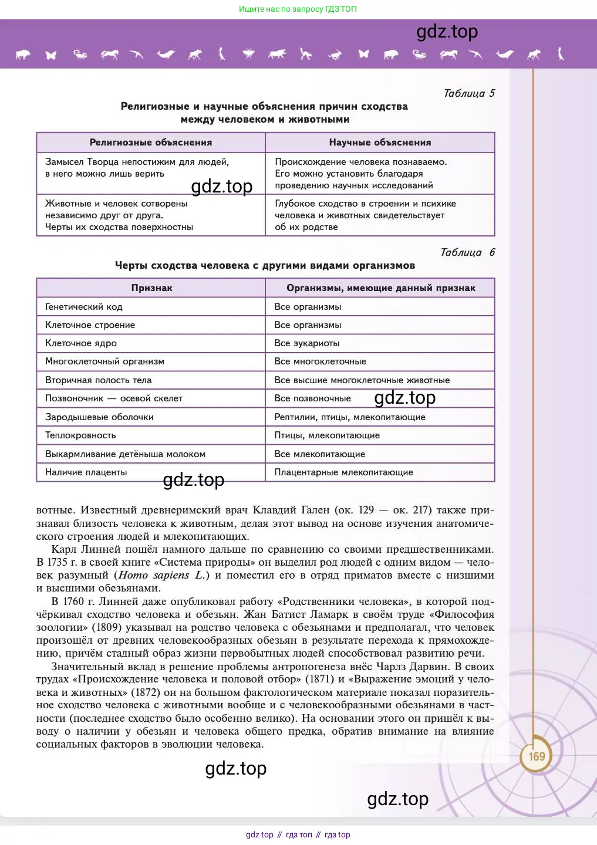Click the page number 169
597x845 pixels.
pyautogui.click(x=537, y=756)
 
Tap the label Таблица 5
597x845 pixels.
pyautogui.click(x=469, y=93)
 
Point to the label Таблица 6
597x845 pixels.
pyautogui.click(x=467, y=252)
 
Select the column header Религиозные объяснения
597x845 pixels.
pyautogui.click(x=151, y=143)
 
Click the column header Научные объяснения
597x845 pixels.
pyautogui.click(x=380, y=143)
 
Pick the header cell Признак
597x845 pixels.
pyautogui.click(x=151, y=288)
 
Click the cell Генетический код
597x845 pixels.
pyautogui.click(x=84, y=307)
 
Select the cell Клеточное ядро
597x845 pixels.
pyautogui.click(x=81, y=343)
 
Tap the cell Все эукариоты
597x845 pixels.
pyautogui.click(x=307, y=343)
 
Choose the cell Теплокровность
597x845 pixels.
pyautogui.click(x=80, y=435)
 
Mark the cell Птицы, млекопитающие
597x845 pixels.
pyautogui.click(x=327, y=435)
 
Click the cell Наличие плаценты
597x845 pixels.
pyautogui.click(x=86, y=472)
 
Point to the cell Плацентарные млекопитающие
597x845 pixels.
pyautogui.click(x=343, y=472)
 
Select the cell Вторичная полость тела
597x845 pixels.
pyautogui.click(x=98, y=380)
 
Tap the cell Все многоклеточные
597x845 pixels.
pyautogui.click(x=320, y=361)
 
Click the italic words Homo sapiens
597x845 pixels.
pyautogui.click(x=154, y=576)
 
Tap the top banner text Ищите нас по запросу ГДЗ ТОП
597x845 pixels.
pyautogui.click(x=298, y=9)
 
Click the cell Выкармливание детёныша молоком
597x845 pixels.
pyautogui.click(x=125, y=454)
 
